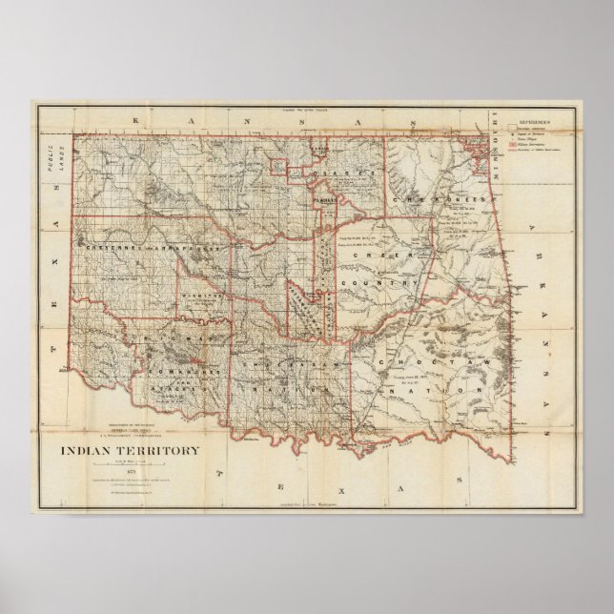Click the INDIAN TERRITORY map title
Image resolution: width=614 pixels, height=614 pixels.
point(131,451)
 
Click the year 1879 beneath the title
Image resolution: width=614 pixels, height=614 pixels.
point(130,470)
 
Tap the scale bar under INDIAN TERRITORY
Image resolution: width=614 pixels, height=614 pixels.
point(130,461)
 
